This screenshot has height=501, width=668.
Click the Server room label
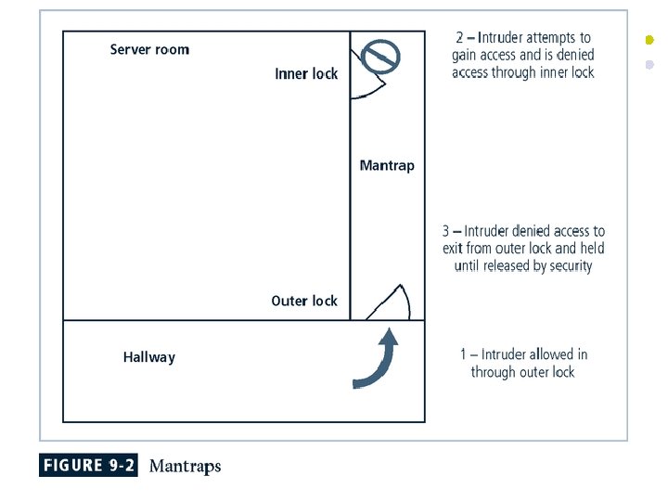(x=149, y=49)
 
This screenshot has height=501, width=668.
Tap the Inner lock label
(x=306, y=74)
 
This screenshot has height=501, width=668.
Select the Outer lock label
(x=304, y=301)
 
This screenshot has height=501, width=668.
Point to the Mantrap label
(x=387, y=166)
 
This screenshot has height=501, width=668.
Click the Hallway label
(x=149, y=357)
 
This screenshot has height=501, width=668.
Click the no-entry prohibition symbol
(x=380, y=58)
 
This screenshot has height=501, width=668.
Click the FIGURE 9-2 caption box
(x=88, y=466)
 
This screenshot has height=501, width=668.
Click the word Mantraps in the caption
(x=185, y=466)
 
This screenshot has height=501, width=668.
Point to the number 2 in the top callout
(x=459, y=38)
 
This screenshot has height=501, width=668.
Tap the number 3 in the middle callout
(x=445, y=231)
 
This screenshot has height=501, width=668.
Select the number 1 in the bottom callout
(x=464, y=354)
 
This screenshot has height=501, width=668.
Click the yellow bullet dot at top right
(x=649, y=40)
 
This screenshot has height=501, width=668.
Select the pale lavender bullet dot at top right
(x=649, y=65)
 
